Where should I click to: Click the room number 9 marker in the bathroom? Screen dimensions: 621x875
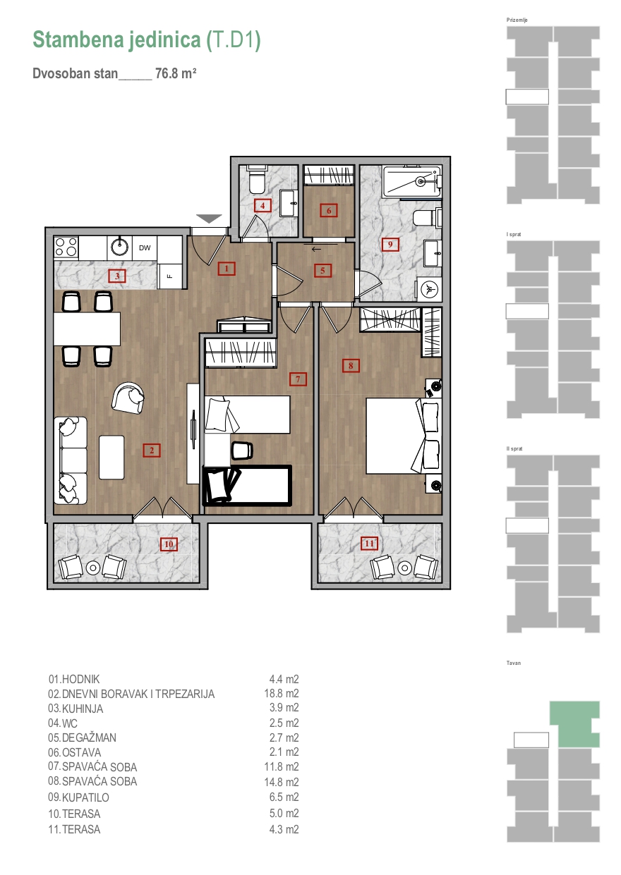390,245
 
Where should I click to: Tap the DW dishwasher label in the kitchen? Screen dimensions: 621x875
145,247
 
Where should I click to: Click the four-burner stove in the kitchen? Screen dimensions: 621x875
66,247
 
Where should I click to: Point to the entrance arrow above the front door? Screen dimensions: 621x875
209,219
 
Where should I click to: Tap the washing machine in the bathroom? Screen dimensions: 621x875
429,289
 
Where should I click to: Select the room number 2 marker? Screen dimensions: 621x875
152,451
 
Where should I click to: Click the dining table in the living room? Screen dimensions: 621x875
87,329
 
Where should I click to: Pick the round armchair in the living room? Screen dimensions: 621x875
128,397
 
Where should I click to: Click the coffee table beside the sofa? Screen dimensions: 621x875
111,457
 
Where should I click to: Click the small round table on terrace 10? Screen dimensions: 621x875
93,568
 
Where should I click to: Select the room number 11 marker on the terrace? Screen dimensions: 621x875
369,544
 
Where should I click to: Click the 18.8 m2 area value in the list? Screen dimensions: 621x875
281,693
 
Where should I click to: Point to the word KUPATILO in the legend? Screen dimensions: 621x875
85,797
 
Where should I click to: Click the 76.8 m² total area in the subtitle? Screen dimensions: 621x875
176,73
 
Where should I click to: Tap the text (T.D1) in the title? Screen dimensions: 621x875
234,40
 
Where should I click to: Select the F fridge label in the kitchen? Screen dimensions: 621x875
170,276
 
